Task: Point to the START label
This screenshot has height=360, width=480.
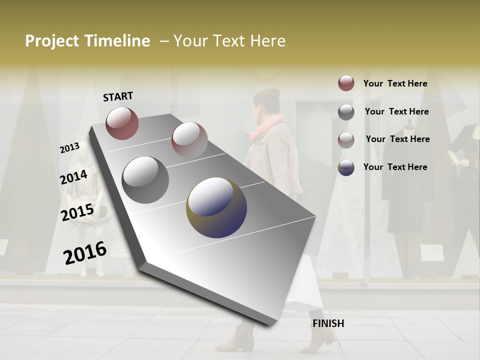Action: point(118,96)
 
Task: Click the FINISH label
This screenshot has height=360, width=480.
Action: point(328,323)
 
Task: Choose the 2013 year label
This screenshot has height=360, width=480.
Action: point(70,148)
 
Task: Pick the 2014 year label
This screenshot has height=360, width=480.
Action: point(74,177)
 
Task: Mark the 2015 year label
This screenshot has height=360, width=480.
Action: point(77,212)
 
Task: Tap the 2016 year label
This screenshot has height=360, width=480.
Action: point(85,253)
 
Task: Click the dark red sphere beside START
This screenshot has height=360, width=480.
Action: point(122,123)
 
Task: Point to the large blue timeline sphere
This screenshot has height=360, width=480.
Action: point(216,207)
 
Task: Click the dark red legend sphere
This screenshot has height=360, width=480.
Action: point(346,83)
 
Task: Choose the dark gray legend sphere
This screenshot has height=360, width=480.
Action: point(346,112)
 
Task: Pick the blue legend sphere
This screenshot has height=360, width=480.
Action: point(346,167)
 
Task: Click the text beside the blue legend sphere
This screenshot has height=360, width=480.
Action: point(395,167)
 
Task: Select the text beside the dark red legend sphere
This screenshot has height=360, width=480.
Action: point(395,83)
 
